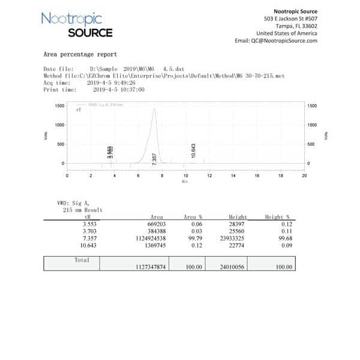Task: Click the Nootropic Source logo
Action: point(76,25)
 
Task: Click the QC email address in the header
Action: point(276,41)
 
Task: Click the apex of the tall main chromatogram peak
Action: point(154,109)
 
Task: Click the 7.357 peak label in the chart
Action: point(155,159)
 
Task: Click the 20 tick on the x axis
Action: point(304,176)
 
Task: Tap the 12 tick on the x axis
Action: point(209,176)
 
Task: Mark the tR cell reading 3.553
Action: point(80,224)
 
